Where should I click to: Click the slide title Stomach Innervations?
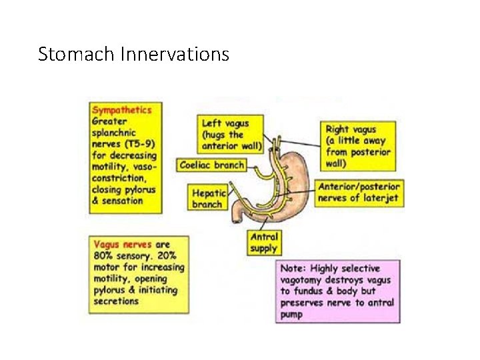tap(133, 53)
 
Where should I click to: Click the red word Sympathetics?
tap(121, 110)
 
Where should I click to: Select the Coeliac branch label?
tap(213, 165)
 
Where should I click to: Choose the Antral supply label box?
tap(263, 243)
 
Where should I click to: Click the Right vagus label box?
tap(357, 146)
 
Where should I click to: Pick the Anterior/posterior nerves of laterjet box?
tap(360, 193)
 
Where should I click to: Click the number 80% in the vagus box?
tap(103, 256)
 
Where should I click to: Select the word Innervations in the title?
tap(175, 53)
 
